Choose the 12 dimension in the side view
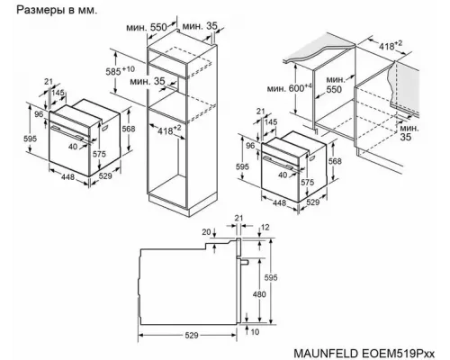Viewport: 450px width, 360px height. pyautogui.click(x=264, y=229)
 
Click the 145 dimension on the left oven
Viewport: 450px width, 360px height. pyautogui.click(x=58, y=93)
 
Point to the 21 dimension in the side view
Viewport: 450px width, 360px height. pyautogui.click(x=238, y=218)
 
